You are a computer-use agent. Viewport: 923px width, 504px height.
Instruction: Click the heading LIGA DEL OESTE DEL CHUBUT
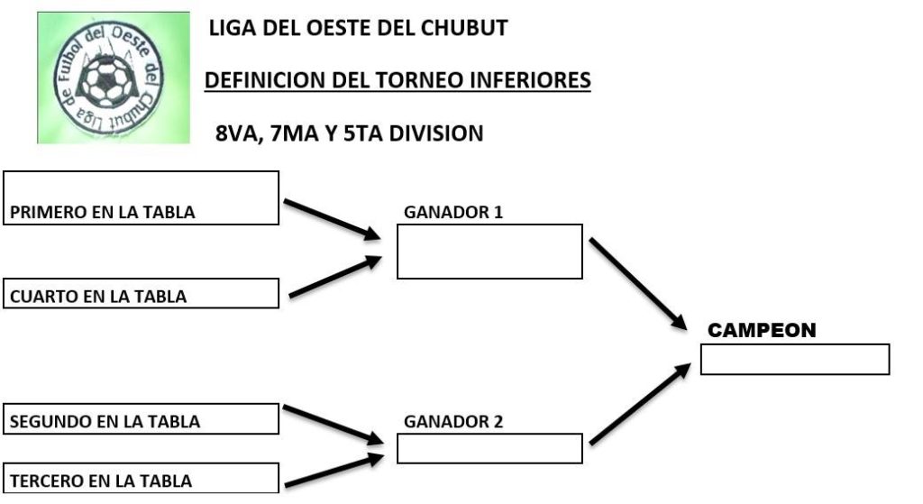pyautogui.click(x=358, y=28)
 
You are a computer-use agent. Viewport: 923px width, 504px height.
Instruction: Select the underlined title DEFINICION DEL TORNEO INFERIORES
pyautogui.click(x=398, y=81)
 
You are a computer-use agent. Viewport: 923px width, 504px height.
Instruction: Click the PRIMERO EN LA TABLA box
pyautogui.click(x=142, y=198)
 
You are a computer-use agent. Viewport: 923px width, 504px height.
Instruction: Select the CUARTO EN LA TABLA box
pyautogui.click(x=142, y=294)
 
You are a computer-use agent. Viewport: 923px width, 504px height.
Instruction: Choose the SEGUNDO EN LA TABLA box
pyautogui.click(x=142, y=419)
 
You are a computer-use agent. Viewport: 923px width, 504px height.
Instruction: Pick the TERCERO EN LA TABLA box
pyautogui.click(x=142, y=478)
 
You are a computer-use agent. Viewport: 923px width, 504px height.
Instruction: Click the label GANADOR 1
pyautogui.click(x=453, y=213)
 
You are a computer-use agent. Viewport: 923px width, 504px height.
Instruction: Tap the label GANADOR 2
pyautogui.click(x=453, y=421)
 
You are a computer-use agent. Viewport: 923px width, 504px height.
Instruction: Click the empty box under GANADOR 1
pyautogui.click(x=489, y=252)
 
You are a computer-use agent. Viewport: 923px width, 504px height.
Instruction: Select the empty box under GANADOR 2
pyautogui.click(x=489, y=449)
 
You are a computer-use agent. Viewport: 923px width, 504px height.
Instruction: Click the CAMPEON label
pyautogui.click(x=762, y=331)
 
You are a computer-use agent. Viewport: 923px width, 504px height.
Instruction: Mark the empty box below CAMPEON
pyautogui.click(x=794, y=359)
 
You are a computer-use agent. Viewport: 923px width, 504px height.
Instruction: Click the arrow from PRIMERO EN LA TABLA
pyautogui.click(x=333, y=219)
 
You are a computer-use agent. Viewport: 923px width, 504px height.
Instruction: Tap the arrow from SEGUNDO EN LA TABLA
pyautogui.click(x=333, y=424)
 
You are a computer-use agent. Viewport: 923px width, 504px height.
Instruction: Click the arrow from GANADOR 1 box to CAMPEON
pyautogui.click(x=636, y=284)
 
